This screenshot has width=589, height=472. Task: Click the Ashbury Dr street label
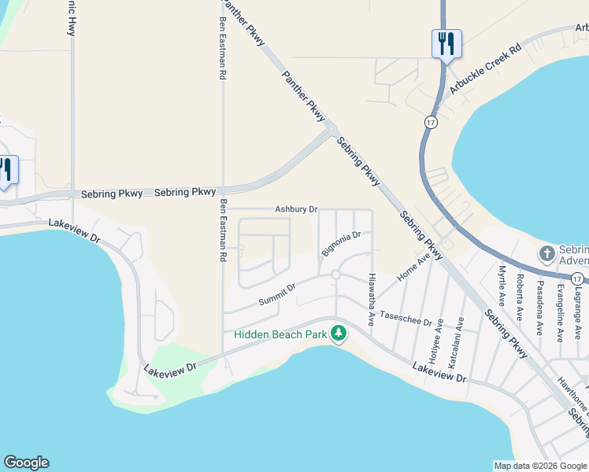[295, 209]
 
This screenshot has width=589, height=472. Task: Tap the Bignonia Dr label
[340, 244]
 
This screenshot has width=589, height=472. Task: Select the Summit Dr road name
[276, 297]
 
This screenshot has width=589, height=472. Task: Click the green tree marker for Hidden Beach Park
[339, 334]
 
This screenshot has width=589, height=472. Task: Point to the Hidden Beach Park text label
[280, 335]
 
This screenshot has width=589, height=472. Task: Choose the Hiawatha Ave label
[371, 300]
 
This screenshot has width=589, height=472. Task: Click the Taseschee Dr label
[406, 319]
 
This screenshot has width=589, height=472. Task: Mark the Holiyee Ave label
[440, 336]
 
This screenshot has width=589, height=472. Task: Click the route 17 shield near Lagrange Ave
[577, 279]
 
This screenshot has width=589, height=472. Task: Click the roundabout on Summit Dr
[335, 275]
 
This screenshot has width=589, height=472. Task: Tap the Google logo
[26, 463]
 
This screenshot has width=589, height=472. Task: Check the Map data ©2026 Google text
[539, 466]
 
